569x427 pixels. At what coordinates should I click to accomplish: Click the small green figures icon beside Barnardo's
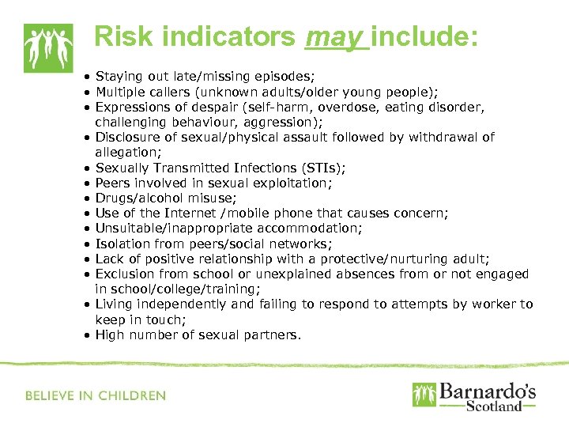423,395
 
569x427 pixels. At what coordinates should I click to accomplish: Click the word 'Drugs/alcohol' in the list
134,198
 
